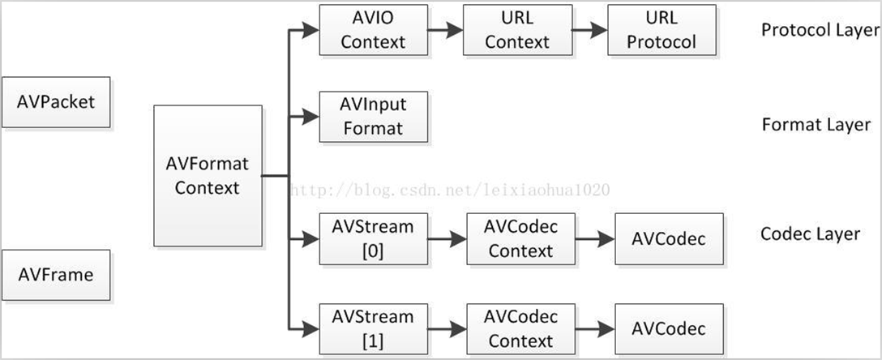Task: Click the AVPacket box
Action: point(56,102)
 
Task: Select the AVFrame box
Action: point(56,274)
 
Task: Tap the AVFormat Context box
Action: point(208,175)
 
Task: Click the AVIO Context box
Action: point(373,31)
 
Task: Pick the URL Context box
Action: point(517,31)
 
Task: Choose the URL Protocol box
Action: point(661,31)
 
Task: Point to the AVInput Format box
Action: point(373,117)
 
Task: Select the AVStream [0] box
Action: point(373,239)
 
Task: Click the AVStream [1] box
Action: point(373,328)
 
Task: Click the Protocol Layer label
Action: point(820,30)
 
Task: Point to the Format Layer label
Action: point(816,125)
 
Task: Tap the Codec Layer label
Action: point(810,234)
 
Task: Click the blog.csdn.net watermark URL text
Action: point(450,191)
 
